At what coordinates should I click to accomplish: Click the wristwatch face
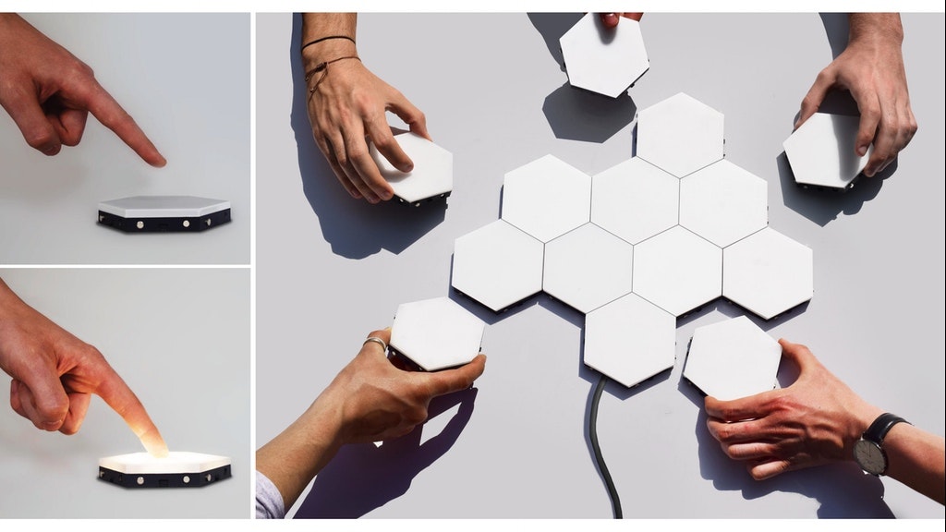click(870, 455)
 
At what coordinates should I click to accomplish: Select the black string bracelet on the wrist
click(328, 41)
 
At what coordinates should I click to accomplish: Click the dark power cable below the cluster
click(600, 443)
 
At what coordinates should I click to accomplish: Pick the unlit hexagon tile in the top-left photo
click(164, 205)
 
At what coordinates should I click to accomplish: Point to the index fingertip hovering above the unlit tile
click(157, 159)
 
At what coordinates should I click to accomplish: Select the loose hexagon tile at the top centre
click(603, 54)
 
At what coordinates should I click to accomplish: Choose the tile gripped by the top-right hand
click(824, 151)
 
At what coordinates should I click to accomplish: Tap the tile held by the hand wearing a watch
click(733, 357)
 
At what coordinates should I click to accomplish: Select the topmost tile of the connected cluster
click(679, 134)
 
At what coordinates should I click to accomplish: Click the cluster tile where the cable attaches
click(630, 339)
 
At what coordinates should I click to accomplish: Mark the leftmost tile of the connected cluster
click(497, 265)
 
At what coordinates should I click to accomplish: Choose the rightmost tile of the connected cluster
click(767, 272)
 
